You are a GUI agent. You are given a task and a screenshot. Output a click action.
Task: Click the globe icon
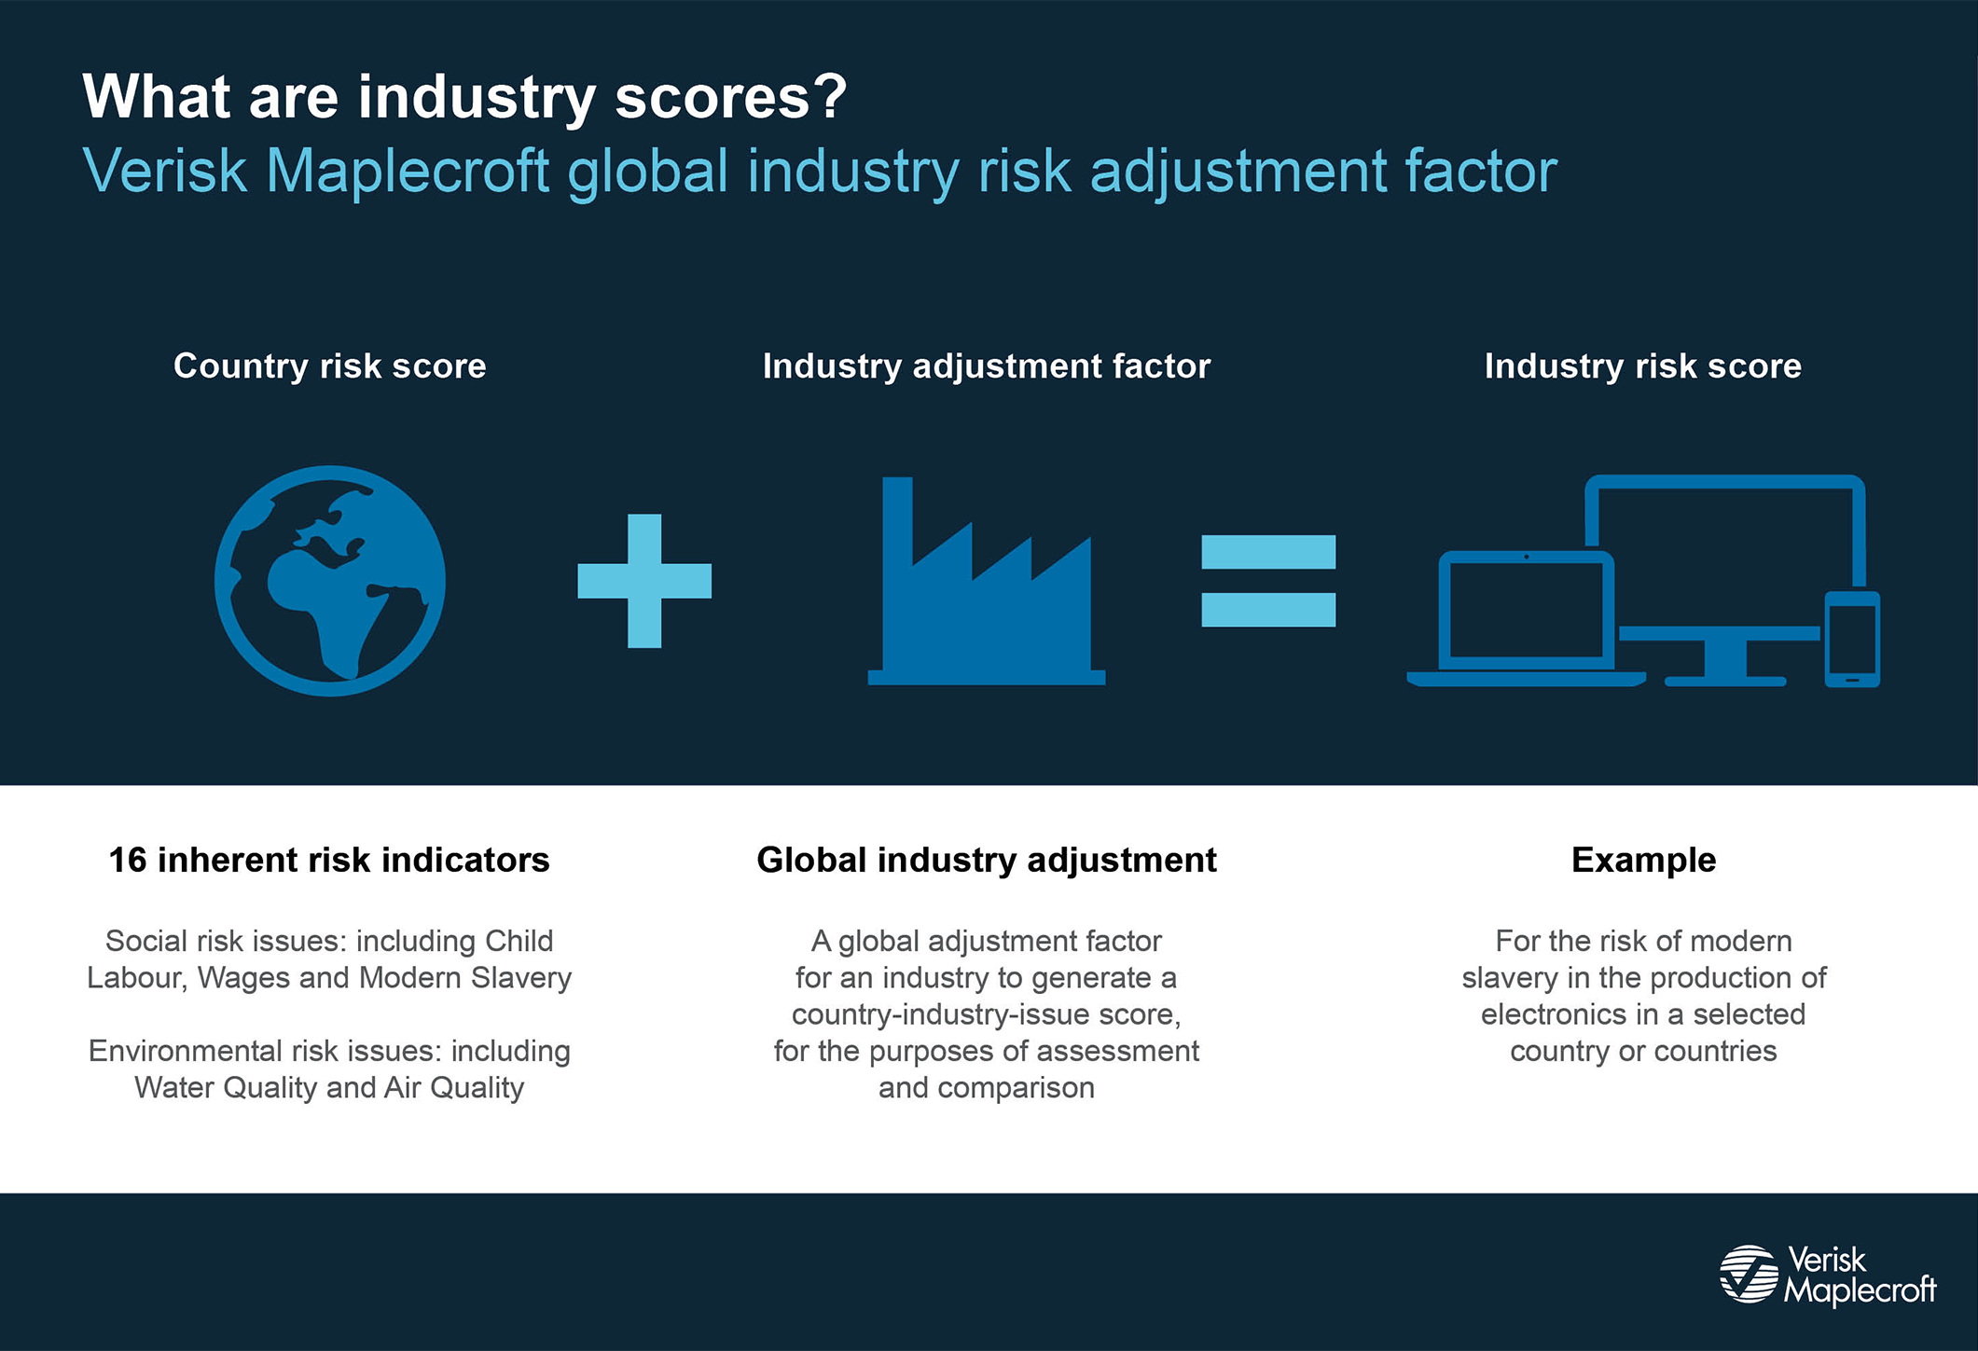point(330,580)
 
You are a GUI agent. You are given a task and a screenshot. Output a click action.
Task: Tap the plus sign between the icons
point(644,581)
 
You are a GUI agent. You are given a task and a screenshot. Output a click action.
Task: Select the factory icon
point(987,582)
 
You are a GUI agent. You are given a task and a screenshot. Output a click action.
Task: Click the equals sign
point(1268,581)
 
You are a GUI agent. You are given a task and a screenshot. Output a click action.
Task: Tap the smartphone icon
point(1852,640)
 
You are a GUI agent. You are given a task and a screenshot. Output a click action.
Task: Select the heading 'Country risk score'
point(330,366)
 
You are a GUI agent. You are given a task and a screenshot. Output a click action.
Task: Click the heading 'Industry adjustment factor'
point(987,366)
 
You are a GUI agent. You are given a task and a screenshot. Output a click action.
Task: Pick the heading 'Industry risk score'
point(1643,366)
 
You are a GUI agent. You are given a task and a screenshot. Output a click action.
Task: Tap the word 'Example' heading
point(1643,861)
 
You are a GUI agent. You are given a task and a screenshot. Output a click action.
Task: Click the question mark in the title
point(828,96)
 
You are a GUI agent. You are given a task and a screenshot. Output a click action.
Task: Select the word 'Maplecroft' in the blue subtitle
point(408,172)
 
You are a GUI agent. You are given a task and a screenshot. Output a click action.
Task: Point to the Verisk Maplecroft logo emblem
point(1750,1274)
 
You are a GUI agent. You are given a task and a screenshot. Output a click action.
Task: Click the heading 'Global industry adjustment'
point(987,861)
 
